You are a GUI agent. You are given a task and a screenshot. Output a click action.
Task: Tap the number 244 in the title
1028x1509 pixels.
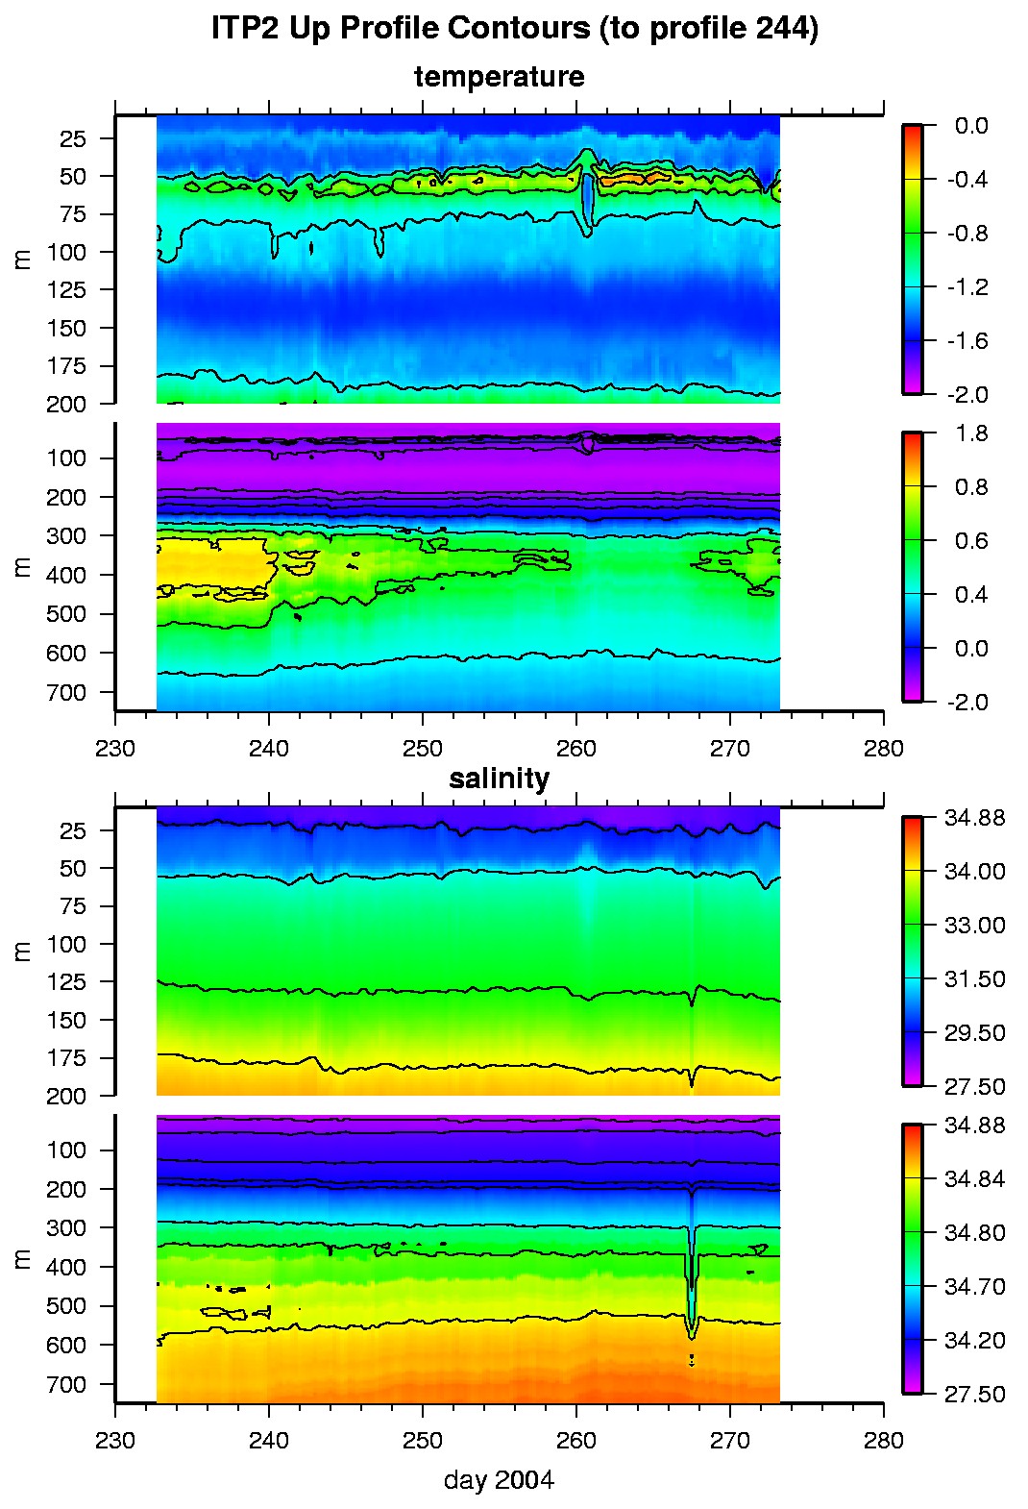[783, 29]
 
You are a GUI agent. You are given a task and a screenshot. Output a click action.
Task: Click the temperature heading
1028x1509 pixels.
[499, 77]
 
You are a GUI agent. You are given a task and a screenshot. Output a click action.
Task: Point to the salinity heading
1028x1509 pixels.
[499, 779]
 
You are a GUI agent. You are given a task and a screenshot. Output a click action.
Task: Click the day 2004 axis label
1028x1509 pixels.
[499, 1479]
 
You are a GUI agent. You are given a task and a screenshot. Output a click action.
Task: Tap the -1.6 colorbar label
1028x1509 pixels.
[967, 341]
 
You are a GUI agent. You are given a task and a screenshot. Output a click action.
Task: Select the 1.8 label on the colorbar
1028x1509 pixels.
[971, 433]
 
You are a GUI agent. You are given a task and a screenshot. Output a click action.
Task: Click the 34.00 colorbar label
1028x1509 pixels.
[974, 872]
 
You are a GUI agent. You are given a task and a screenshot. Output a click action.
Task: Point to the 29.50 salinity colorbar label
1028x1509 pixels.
[974, 1033]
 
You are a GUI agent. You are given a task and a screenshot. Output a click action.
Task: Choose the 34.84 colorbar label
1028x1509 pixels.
[974, 1179]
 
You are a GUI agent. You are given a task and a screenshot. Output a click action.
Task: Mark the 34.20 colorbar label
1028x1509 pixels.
[974, 1341]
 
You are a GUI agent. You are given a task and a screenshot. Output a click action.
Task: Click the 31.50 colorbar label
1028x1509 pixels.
[974, 979]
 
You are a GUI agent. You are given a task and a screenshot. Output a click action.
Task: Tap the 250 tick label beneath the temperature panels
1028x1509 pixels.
[423, 749]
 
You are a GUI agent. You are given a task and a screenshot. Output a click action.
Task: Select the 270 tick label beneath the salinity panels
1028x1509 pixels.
[730, 1441]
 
